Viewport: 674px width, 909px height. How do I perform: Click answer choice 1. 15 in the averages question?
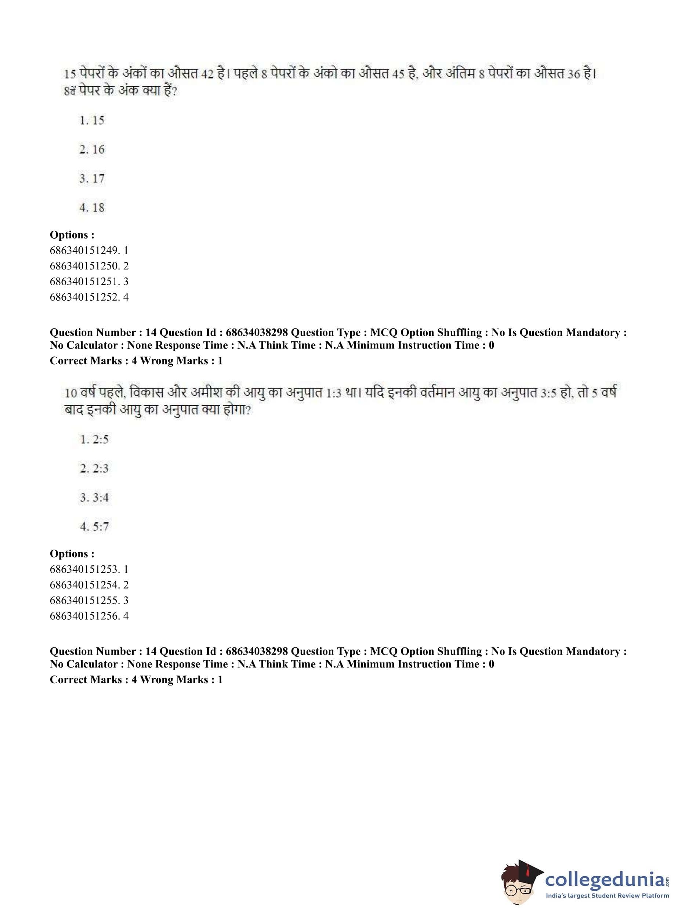(x=92, y=120)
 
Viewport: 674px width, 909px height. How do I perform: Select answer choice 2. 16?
(x=92, y=149)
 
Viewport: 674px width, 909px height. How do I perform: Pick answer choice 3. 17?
(x=92, y=179)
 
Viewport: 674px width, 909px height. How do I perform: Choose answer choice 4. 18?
(x=92, y=208)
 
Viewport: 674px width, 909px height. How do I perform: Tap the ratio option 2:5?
(x=94, y=439)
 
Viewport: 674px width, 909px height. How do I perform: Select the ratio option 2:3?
(x=94, y=468)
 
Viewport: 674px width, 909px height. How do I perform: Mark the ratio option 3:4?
(x=94, y=498)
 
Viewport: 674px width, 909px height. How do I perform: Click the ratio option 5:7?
(x=94, y=527)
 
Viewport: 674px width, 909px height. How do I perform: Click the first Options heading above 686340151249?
(x=72, y=235)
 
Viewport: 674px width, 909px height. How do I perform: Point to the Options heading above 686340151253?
(x=72, y=554)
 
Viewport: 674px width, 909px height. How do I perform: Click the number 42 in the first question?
(x=207, y=74)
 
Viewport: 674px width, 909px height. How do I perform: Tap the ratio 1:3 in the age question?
(x=334, y=393)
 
